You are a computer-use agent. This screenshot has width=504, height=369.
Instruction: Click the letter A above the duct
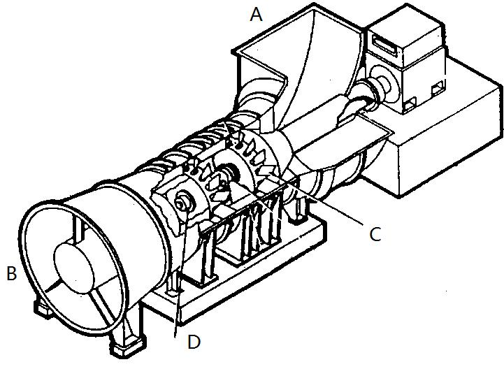tap(256, 15)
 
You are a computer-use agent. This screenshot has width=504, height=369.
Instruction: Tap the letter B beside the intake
tap(12, 273)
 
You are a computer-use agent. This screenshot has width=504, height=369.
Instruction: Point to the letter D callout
tap(194, 342)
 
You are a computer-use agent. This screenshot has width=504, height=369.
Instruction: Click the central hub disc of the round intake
tap(75, 268)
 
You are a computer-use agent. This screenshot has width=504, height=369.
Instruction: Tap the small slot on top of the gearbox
tap(384, 43)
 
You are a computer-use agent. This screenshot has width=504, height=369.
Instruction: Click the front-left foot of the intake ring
tap(43, 309)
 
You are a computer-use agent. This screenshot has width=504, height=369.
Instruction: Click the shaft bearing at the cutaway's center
tap(229, 171)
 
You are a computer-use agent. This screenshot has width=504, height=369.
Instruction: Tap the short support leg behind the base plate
tap(298, 210)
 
